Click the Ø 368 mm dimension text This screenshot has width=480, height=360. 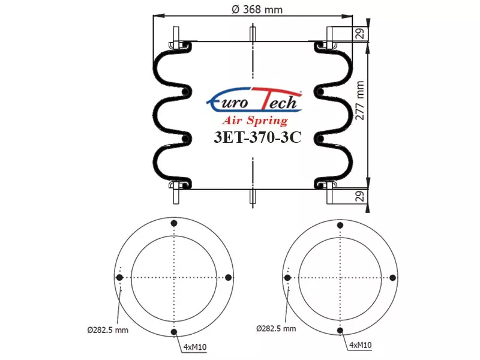(257, 10)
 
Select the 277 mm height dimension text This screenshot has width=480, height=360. (360, 100)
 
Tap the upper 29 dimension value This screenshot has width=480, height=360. (361, 34)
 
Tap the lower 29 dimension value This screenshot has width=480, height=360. (361, 196)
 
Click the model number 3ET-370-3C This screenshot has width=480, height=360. (257, 137)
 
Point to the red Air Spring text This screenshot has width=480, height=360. (255, 121)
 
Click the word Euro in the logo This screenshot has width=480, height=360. (228, 101)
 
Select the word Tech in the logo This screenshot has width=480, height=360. (278, 100)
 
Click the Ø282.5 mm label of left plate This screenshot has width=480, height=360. (108, 330)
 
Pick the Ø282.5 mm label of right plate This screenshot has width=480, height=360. (276, 329)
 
